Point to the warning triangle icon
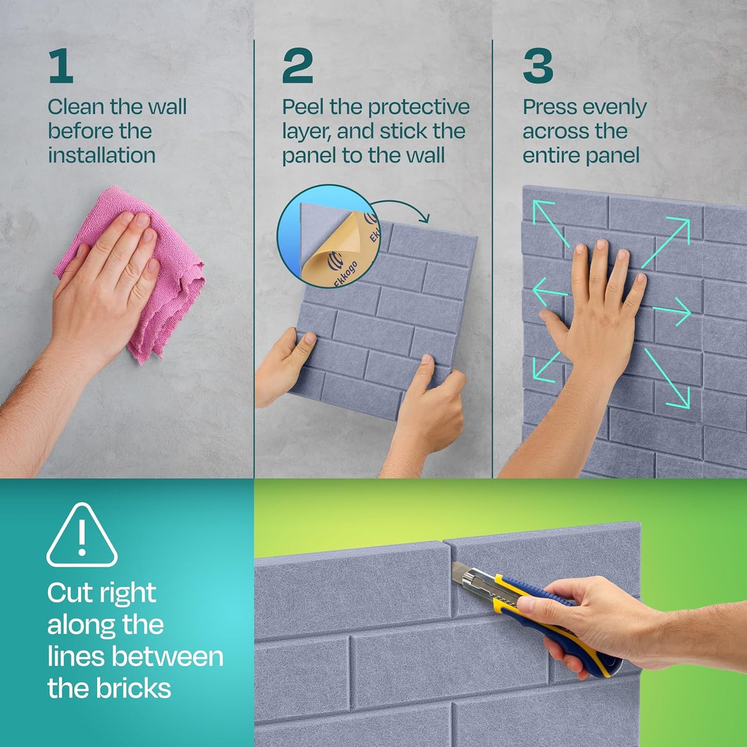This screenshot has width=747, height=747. (82, 536)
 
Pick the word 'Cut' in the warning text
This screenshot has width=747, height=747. (66, 593)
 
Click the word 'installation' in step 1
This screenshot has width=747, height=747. (102, 156)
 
